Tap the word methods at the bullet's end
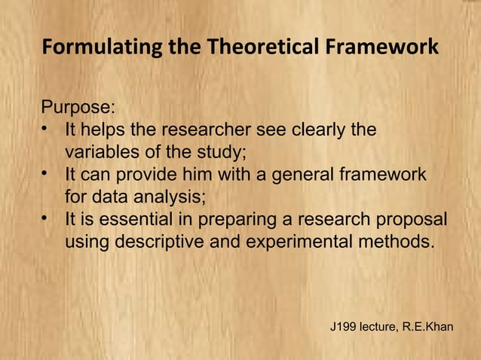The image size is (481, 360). [397, 243]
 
